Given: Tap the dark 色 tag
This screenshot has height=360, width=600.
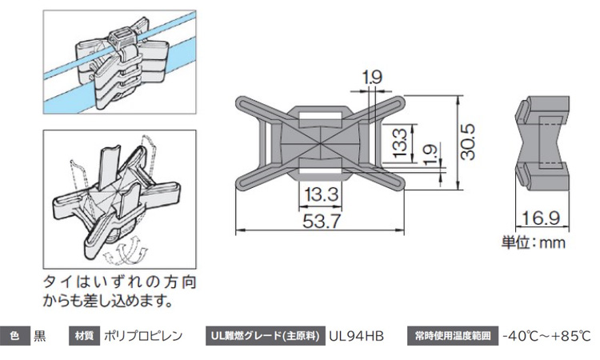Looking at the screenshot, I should coord(14,335).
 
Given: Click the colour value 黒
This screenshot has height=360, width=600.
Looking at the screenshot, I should coord(40,335).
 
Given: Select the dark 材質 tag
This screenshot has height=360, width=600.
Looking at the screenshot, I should coord(84,335).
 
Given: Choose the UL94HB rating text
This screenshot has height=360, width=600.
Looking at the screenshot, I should coord(357,335).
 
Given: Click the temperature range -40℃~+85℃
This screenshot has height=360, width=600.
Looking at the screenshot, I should coord(546,335).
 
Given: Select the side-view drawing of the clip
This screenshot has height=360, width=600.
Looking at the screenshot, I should coord(542,142).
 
